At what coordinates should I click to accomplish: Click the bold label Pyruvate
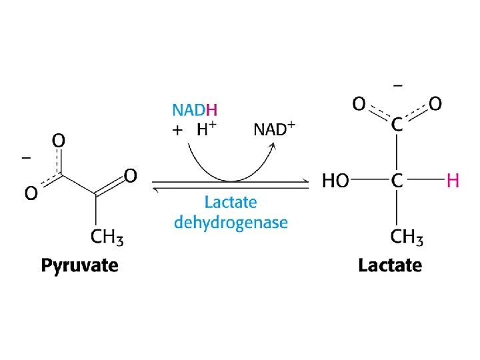coord(79,266)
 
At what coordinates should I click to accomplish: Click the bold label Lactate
coord(390,265)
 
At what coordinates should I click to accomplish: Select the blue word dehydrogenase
coord(231,222)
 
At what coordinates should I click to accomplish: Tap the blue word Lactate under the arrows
coord(231,202)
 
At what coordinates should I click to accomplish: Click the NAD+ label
coord(274,129)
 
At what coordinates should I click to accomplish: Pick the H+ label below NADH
coord(207,130)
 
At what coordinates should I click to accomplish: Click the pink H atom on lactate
coord(453,180)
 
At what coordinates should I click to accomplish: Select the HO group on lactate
coord(335,181)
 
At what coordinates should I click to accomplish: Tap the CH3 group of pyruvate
coord(107,236)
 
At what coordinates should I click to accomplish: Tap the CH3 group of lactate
coord(407,236)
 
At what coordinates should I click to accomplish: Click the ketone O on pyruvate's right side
coord(131,175)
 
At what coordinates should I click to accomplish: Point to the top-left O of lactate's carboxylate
coord(359,104)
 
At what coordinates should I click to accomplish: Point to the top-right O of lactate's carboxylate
coord(435,104)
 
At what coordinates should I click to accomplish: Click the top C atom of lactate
coord(397,124)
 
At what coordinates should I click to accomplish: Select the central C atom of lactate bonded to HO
coord(397,181)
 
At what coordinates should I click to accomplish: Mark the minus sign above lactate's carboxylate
coord(398,85)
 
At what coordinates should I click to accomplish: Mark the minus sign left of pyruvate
coord(27,158)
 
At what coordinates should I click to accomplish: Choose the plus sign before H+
coord(177,131)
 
